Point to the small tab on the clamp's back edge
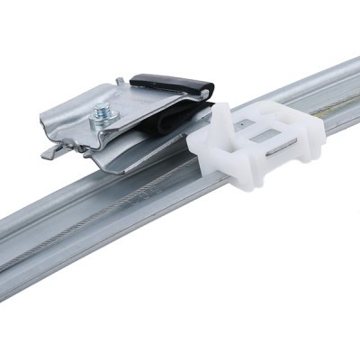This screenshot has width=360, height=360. [121, 82]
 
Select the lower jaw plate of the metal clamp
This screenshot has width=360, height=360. [135, 162]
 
